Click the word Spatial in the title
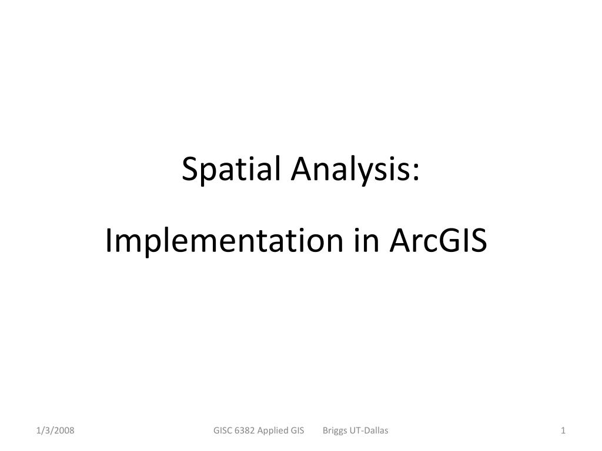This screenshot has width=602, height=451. coord(231,169)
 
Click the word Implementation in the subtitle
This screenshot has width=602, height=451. coord(224,241)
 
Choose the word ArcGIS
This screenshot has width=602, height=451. coord(438,240)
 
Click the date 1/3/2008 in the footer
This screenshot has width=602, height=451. coord(55,430)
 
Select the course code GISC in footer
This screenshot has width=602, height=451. coord(223,430)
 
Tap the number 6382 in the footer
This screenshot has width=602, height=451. coord(245,430)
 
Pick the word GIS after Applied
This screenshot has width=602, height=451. coord(297,430)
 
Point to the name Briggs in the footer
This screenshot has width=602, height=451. coord(335,431)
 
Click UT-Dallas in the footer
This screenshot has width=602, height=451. coord(369,430)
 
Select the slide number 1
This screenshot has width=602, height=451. coord(563,430)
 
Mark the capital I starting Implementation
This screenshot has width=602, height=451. coord(108,240)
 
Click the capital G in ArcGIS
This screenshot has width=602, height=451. coord(448,240)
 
